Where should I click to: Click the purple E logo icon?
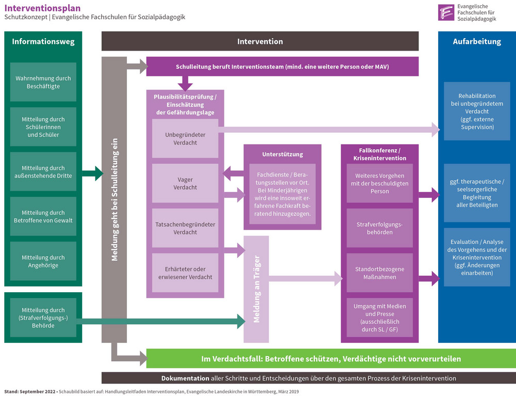[x=446, y=12]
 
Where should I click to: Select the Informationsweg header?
[x=43, y=41]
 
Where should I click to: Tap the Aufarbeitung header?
[x=477, y=41]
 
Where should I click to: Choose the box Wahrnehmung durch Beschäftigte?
[x=43, y=82]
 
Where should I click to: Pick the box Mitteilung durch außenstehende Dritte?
[x=43, y=171]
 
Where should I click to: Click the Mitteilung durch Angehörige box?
[x=43, y=261]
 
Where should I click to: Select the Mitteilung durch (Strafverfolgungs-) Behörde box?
[x=43, y=318]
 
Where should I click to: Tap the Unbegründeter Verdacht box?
[x=185, y=138]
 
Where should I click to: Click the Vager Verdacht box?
[x=185, y=183]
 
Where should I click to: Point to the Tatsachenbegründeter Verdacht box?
[x=185, y=228]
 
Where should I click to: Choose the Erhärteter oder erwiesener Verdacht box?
[x=185, y=273]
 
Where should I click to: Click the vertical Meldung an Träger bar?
[x=256, y=289]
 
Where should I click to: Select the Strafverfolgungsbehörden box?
[x=380, y=228]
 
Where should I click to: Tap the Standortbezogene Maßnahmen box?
[x=380, y=273]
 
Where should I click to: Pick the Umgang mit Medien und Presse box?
[x=380, y=317]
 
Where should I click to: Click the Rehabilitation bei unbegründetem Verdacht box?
[x=477, y=111]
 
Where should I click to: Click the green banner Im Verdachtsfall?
[x=331, y=358]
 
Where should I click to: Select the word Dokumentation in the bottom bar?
[x=185, y=378]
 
